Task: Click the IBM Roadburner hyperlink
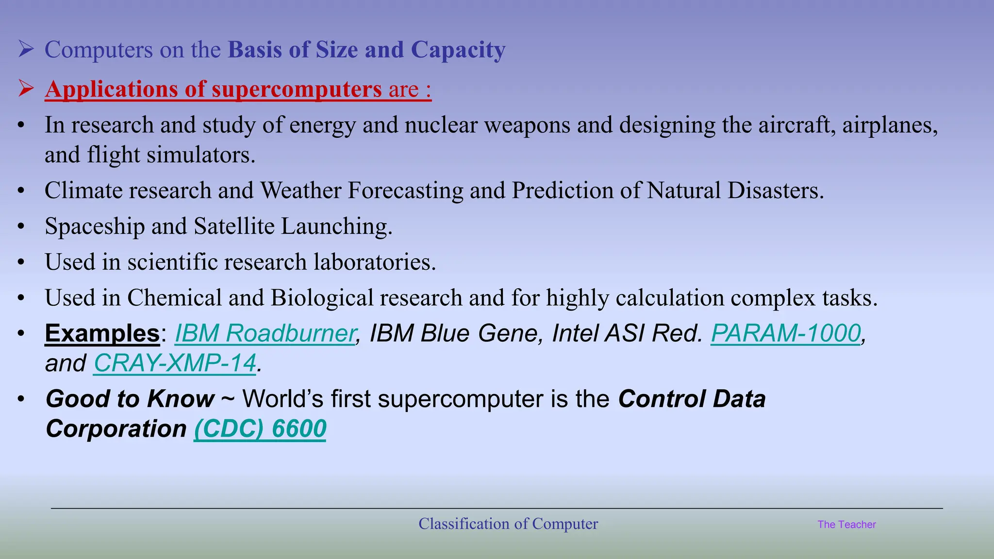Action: tap(265, 333)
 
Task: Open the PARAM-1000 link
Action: tap(785, 333)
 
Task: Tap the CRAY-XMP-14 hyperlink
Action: tap(175, 363)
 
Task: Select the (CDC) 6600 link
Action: tap(260, 428)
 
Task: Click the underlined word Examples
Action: tap(102, 333)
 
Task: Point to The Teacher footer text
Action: tap(846, 525)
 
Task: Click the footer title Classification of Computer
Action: tap(508, 524)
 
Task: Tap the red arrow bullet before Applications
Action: tap(26, 88)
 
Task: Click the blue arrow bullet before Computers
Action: tap(26, 49)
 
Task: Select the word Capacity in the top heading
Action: tap(458, 50)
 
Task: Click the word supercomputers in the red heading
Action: tap(297, 89)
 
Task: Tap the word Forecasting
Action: tap(405, 191)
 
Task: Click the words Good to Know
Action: tap(130, 399)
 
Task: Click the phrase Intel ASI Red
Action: tap(627, 333)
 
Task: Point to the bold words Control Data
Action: tap(692, 399)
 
